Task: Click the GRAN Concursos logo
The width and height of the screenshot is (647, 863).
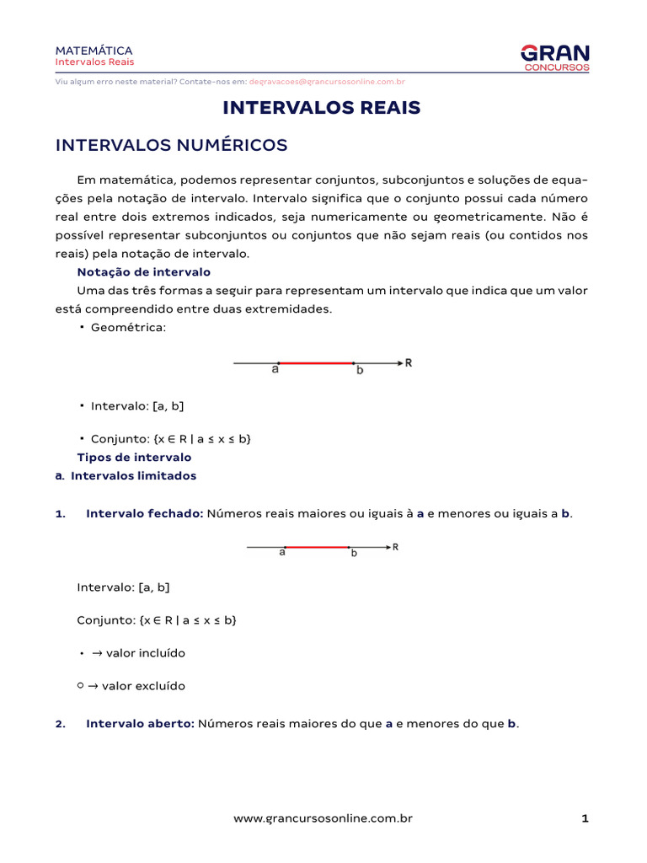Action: coord(555,57)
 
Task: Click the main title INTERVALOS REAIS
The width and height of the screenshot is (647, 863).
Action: coord(321,108)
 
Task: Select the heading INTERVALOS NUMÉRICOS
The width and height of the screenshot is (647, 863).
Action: coord(171,146)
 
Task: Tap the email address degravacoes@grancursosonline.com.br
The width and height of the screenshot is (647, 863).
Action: coord(327,82)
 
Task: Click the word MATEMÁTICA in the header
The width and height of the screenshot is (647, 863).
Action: coord(94,51)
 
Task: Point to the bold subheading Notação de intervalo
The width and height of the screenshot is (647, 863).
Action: coord(143,272)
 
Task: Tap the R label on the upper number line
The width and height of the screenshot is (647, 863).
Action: coord(409,363)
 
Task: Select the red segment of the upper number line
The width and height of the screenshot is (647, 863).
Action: coord(316,363)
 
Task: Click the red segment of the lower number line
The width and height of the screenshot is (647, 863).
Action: coord(317,547)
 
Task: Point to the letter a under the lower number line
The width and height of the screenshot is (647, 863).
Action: coord(282,554)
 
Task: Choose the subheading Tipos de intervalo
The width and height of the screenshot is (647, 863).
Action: coord(134,458)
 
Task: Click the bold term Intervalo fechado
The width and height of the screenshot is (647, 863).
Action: coord(144,514)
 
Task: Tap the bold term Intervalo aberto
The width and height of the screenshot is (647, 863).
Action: coord(140,724)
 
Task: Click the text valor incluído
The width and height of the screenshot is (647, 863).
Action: coord(145,653)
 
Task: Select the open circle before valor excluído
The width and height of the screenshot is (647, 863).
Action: coord(80,685)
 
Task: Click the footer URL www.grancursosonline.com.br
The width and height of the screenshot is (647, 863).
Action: coord(323,818)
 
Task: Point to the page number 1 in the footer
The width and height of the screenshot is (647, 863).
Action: coord(585,818)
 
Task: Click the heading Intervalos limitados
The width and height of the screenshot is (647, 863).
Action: coord(133,476)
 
